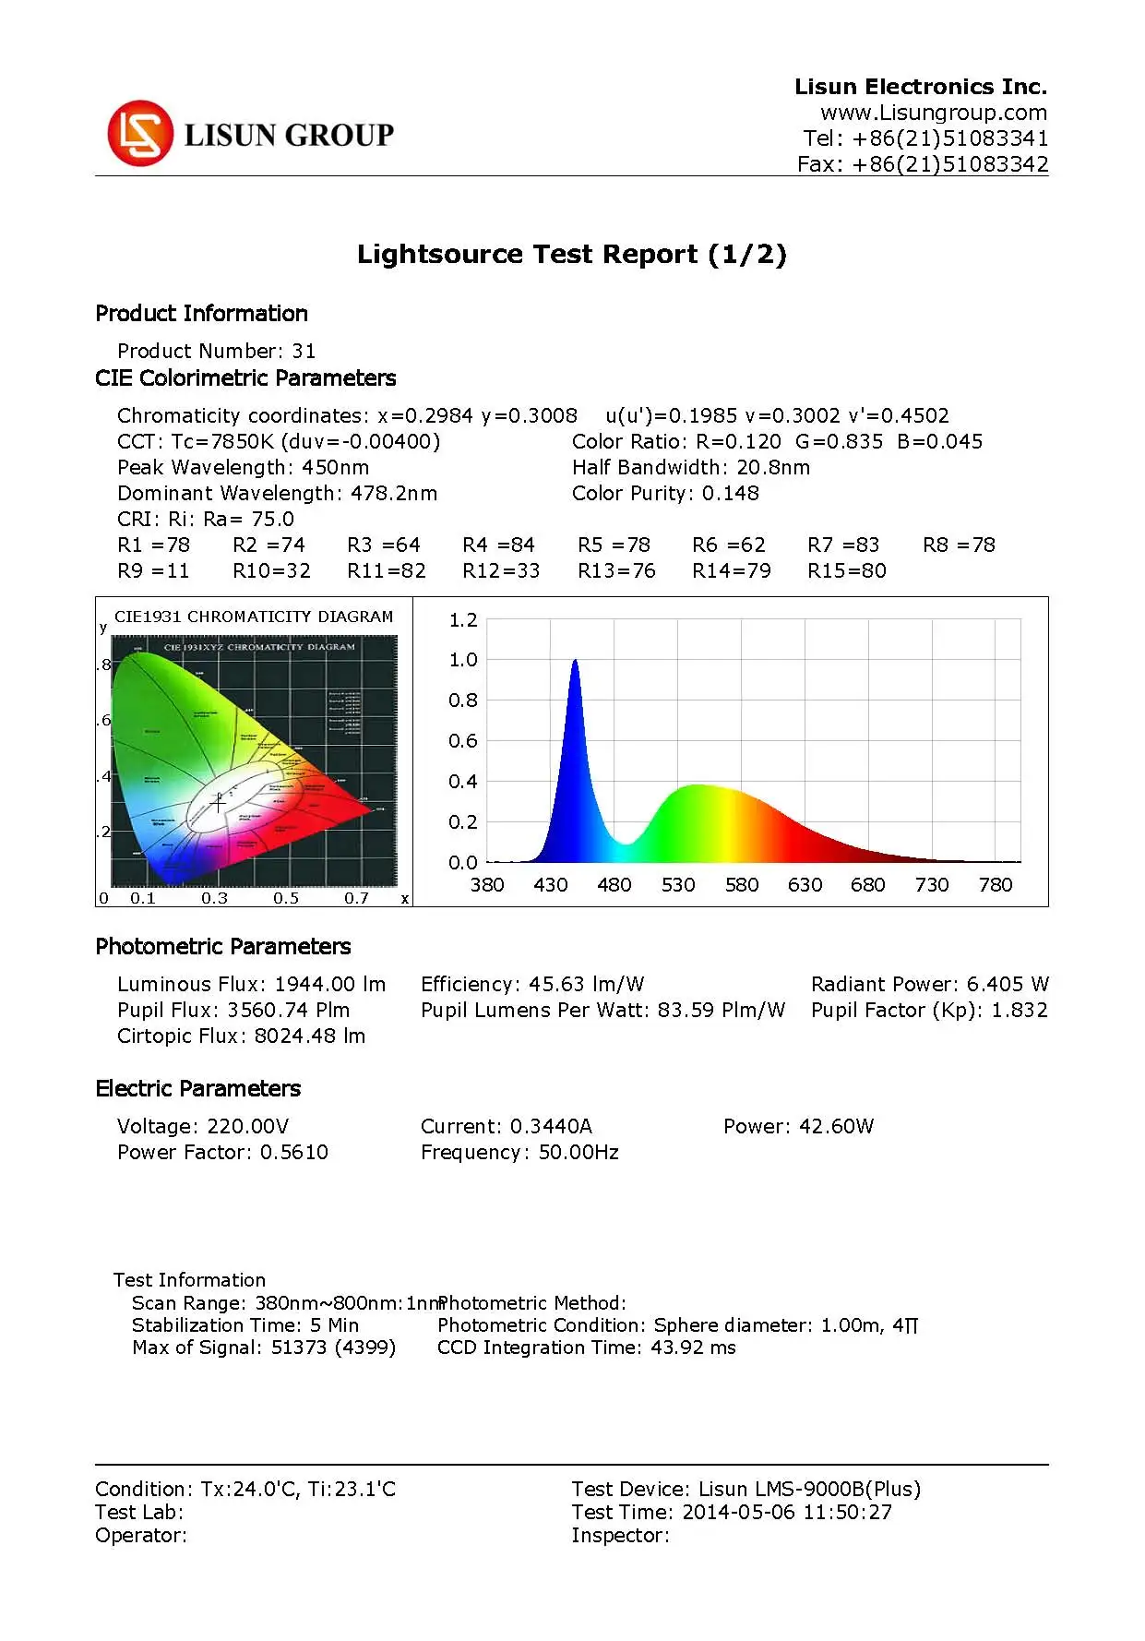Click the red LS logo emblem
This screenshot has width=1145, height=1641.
[x=140, y=134]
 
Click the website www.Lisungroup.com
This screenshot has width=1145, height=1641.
[x=933, y=113]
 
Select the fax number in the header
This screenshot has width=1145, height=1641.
[x=923, y=164]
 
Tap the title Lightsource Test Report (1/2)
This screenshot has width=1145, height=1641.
[x=571, y=255]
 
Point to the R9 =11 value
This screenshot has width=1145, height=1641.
[x=153, y=571]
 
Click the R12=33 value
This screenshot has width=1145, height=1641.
[x=501, y=571]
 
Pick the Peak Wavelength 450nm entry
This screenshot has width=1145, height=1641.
[x=243, y=468]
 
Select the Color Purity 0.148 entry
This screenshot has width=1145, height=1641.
[x=665, y=494]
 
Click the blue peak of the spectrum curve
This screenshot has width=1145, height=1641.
[x=575, y=663]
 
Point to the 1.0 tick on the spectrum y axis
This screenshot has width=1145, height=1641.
[x=463, y=660]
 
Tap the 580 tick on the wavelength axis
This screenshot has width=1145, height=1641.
[x=741, y=885]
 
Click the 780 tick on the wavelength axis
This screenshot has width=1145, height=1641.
[x=996, y=885]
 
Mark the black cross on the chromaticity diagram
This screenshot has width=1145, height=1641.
[x=219, y=803]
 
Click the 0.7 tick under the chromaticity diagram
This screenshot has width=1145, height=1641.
[x=356, y=898]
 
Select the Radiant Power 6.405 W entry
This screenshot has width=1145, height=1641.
[x=929, y=985]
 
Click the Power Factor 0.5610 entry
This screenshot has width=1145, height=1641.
[x=222, y=1153]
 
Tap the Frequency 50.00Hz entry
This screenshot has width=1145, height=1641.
[x=519, y=1153]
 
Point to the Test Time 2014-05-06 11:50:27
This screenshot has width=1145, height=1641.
[x=732, y=1513]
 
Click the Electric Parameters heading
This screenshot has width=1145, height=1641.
[x=197, y=1089]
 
